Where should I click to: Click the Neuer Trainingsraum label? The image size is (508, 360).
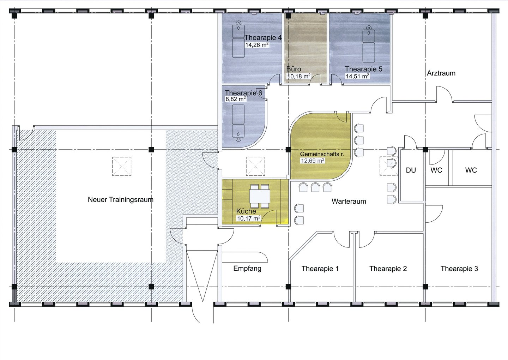click(120, 200)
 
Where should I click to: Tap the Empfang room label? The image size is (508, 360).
click(247, 269)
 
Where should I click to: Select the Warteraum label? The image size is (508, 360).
click(349, 201)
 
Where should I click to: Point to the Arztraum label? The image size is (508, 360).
click(441, 73)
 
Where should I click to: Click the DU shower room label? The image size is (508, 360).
click(411, 170)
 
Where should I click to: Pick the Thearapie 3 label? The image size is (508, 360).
click(459, 269)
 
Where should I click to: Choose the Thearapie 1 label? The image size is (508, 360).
click(320, 269)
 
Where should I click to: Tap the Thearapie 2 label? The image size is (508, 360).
click(388, 269)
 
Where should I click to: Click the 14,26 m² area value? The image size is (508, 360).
click(257, 45)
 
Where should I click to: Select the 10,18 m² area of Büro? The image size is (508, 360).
click(299, 76)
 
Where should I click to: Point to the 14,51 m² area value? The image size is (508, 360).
click(357, 76)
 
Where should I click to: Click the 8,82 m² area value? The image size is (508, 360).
click(236, 99)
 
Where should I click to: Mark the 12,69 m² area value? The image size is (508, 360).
click(313, 161)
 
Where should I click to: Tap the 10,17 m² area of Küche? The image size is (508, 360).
click(249, 218)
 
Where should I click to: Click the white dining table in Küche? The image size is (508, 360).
click(260, 196)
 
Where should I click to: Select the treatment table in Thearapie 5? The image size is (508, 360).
click(369, 44)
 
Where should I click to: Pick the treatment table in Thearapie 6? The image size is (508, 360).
click(238, 123)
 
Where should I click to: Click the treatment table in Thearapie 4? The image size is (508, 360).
click(238, 39)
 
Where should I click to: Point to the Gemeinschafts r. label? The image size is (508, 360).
click(322, 154)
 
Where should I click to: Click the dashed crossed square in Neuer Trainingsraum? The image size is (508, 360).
click(122, 166)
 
